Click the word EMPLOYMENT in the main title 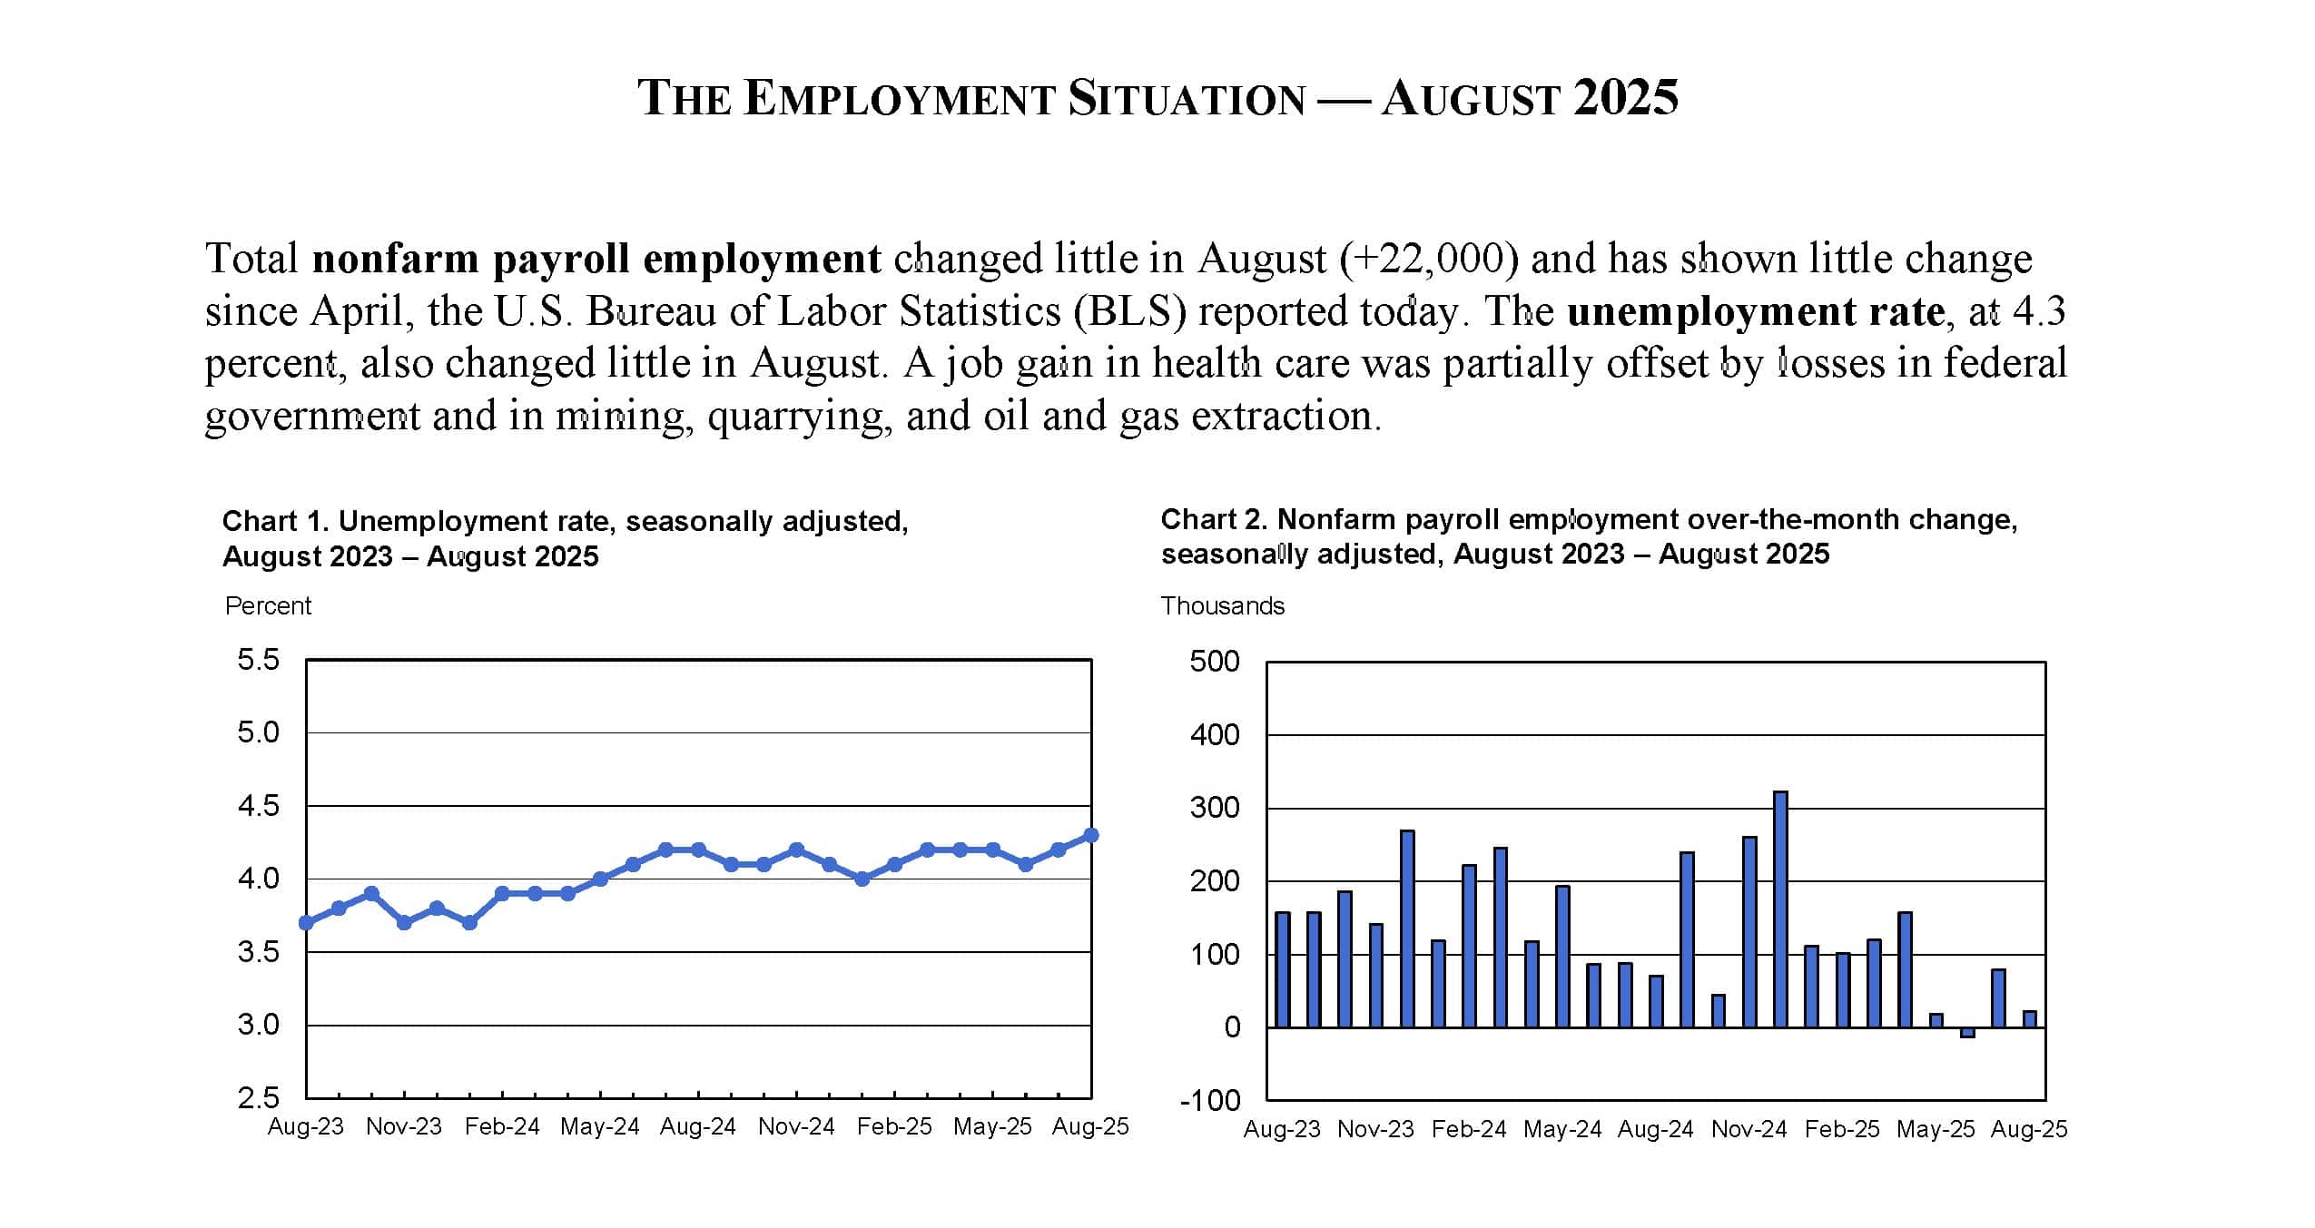point(899,98)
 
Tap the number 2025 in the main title point(1625,98)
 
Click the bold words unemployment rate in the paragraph point(1755,311)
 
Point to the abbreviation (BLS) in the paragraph point(1129,311)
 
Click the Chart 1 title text point(565,538)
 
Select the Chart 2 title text point(1589,536)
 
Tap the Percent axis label point(268,606)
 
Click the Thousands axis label point(1222,606)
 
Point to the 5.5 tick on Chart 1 point(259,660)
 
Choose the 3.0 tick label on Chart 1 point(259,1026)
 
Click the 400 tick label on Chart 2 point(1214,734)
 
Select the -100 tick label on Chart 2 point(1209,1101)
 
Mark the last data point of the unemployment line point(1091,835)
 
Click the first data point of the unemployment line point(306,923)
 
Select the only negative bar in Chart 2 point(1967,1033)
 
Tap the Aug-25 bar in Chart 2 point(2030,1019)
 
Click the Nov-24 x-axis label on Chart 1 point(796,1126)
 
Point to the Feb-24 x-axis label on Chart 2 point(1469,1129)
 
